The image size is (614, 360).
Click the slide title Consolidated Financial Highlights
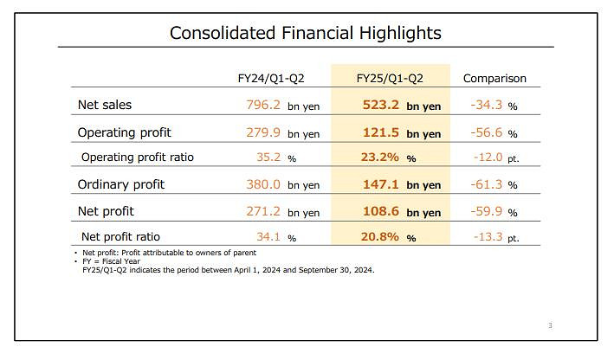(305, 33)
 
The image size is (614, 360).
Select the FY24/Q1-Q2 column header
(271, 78)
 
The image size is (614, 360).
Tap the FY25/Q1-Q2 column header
(390, 78)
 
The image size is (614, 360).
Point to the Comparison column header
(494, 78)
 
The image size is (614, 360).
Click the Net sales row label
(105, 106)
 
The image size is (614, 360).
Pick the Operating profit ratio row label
(137, 157)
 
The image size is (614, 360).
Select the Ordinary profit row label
(120, 184)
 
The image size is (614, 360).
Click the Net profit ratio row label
(120, 236)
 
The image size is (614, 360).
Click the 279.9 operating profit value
(264, 133)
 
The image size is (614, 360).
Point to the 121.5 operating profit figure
(382, 133)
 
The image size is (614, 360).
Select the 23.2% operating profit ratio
(382, 158)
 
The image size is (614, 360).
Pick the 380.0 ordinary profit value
(264, 185)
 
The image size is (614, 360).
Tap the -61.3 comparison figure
(488, 185)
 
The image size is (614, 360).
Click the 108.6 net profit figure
(382, 211)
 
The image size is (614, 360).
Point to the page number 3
(550, 325)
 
